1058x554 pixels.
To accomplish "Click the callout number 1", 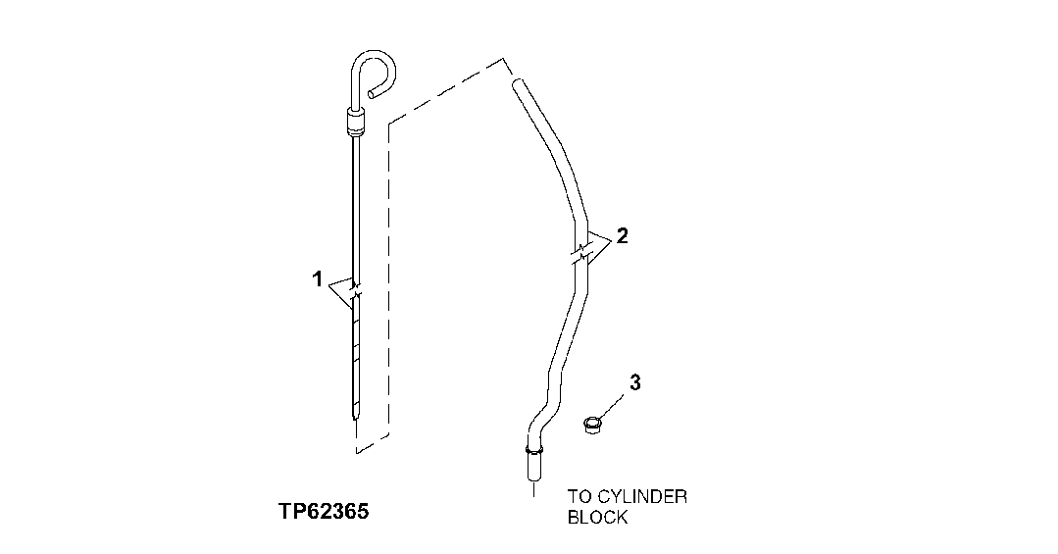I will click(317, 279).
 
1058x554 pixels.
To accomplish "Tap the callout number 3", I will click(634, 382).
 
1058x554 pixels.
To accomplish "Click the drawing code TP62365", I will click(323, 511).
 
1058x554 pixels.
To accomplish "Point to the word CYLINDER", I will click(638, 496).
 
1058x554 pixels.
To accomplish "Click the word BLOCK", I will click(597, 517).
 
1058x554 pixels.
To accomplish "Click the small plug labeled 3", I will click(592, 426).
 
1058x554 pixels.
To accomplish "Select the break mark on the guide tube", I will click(580, 252).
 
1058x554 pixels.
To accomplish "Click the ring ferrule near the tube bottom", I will click(533, 450).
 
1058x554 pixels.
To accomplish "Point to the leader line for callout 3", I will click(614, 402).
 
